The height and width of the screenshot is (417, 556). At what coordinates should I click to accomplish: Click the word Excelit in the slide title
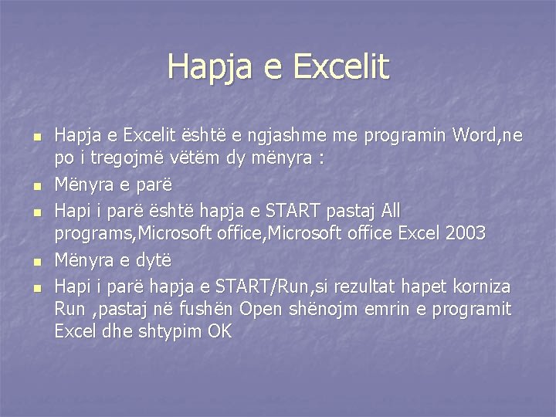(341, 66)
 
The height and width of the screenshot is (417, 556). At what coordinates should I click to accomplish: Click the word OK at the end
(219, 331)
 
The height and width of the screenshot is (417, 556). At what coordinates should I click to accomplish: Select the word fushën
(209, 309)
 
